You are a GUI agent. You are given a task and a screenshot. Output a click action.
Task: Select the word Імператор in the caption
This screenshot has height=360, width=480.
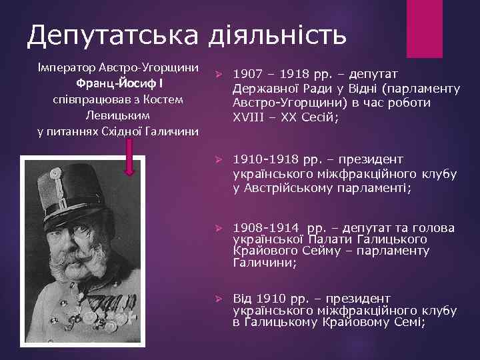click(66, 69)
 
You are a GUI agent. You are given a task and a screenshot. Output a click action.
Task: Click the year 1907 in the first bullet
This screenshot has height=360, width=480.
click(247, 75)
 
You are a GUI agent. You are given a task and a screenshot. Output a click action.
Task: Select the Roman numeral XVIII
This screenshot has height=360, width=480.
click(249, 117)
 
